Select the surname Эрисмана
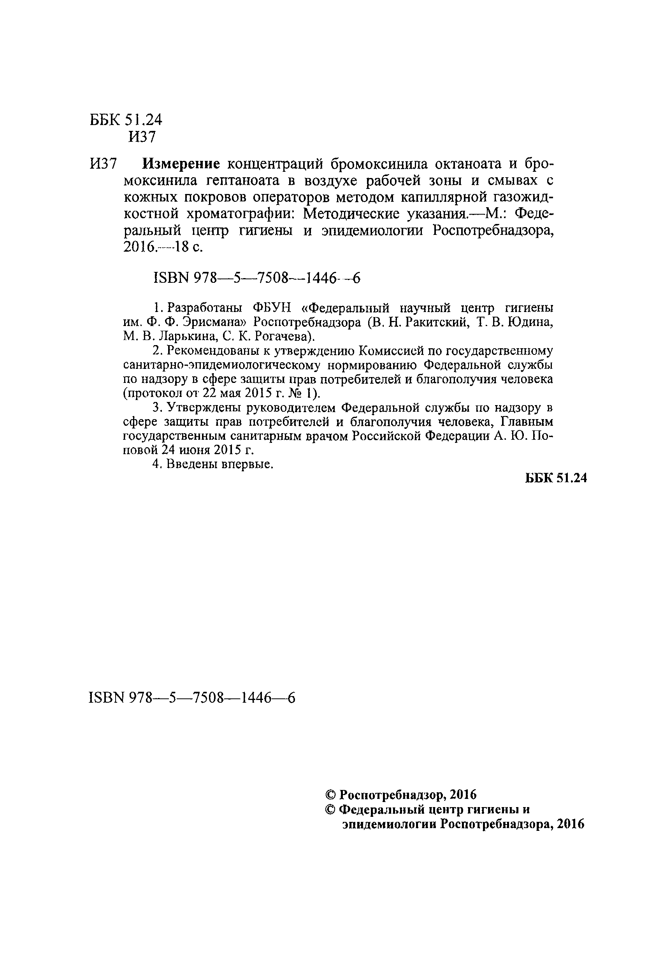[x=214, y=322]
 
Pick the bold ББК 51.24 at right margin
[x=556, y=478]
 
